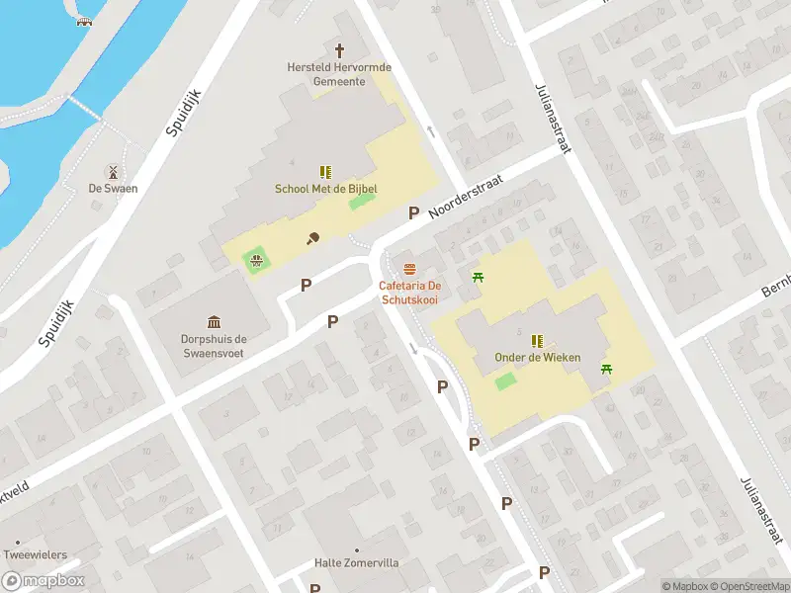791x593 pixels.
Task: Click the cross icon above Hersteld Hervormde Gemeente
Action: point(339,49)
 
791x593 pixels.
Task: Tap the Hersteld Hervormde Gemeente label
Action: point(339,74)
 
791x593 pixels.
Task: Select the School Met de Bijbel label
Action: point(325,189)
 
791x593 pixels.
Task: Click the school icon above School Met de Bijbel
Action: point(325,171)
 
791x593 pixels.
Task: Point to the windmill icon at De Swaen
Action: point(113,171)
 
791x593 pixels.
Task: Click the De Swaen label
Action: point(113,188)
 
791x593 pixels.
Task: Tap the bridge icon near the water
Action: point(84,22)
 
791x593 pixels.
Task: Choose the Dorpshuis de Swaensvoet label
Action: point(215,345)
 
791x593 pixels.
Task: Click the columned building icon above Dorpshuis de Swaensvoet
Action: point(215,321)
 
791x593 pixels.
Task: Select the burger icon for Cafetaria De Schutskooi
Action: point(409,269)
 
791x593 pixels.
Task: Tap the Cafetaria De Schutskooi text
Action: point(409,293)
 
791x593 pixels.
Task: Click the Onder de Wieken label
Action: point(537,358)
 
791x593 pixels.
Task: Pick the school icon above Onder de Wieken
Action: point(537,340)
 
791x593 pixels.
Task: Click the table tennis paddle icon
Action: point(312,237)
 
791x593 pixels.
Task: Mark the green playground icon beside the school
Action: point(256,261)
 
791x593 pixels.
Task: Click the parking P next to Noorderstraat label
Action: point(414,212)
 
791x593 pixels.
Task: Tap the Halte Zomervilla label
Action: point(357,563)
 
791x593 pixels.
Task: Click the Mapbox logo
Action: point(44,581)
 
